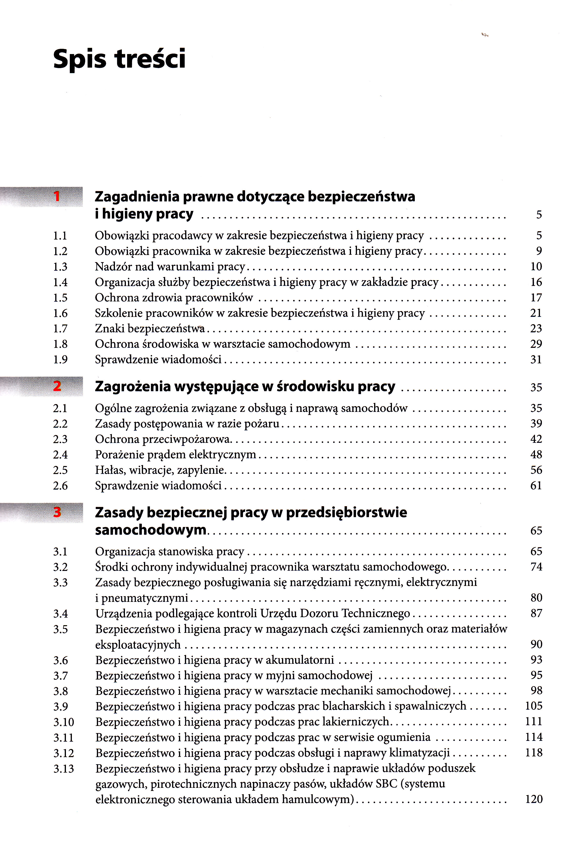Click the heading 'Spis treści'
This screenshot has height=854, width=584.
(x=119, y=59)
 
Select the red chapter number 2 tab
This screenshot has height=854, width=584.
(x=57, y=386)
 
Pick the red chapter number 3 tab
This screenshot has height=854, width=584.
(x=57, y=512)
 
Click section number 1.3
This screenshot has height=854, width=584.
(x=60, y=267)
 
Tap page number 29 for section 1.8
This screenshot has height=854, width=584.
(x=536, y=344)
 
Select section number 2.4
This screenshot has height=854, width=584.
(x=60, y=455)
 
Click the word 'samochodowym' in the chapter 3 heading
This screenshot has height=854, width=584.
(x=151, y=530)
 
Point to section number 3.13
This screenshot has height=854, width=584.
(x=64, y=769)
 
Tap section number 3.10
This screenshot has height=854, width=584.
(x=64, y=722)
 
